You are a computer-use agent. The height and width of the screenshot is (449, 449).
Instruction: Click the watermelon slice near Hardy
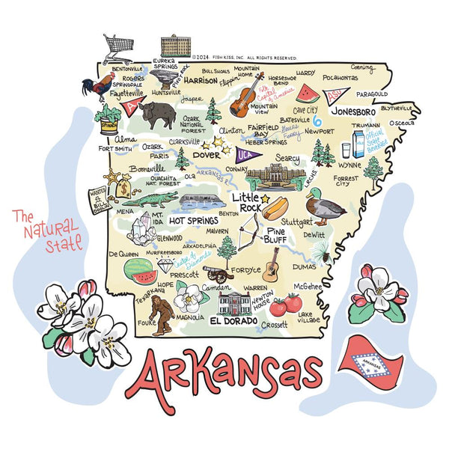coord(306,94)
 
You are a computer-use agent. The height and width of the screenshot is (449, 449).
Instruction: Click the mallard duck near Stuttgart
coord(324,206)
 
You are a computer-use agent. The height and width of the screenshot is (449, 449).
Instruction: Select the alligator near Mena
coord(150,199)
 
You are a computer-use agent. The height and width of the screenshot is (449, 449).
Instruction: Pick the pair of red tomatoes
coord(285,305)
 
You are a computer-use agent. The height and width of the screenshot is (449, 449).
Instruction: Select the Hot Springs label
coord(193,221)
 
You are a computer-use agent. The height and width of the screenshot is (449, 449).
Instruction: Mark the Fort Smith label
coord(116,148)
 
